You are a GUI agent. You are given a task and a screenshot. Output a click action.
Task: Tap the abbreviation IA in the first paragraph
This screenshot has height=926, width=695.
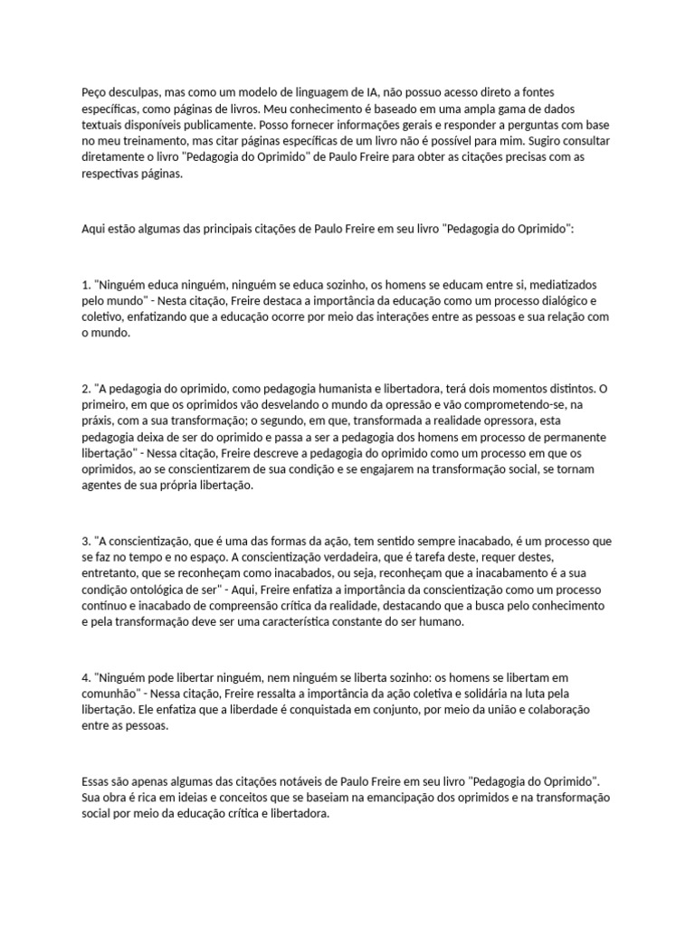click(x=375, y=93)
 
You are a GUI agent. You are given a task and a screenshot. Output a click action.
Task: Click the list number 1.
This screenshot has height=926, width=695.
click(x=85, y=285)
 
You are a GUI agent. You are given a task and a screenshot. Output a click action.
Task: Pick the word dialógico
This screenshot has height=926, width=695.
click(x=569, y=301)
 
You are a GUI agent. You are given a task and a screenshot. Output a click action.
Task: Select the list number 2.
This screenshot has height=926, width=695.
click(x=85, y=388)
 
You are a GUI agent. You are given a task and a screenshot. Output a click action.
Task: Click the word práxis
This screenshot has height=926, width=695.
click(x=100, y=420)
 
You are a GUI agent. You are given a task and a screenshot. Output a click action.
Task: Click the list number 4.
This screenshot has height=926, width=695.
click(x=85, y=677)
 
